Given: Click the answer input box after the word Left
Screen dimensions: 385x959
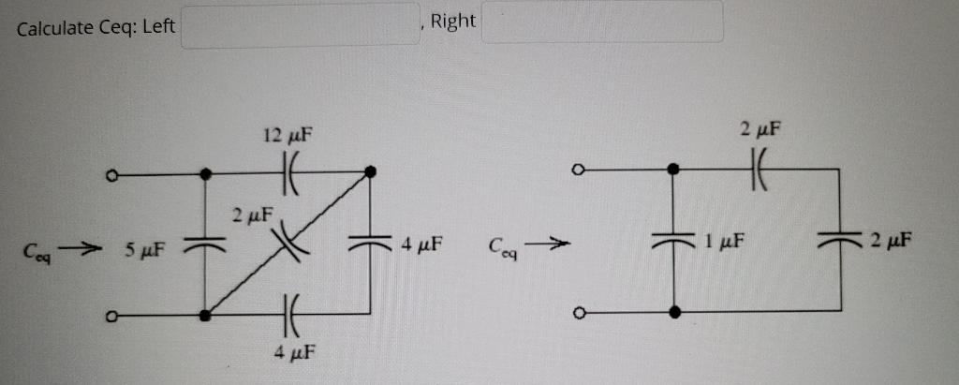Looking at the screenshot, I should tap(301, 24).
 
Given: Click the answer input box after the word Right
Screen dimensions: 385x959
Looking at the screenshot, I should tap(602, 22).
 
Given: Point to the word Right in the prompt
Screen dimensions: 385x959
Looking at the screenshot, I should tap(453, 21).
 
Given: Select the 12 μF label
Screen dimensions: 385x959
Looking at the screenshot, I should tap(287, 136).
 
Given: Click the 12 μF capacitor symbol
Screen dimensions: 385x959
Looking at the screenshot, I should tap(288, 173).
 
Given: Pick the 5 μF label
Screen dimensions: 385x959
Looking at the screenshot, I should tap(144, 250).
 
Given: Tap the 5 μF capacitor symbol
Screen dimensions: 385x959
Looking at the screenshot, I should tap(205, 245).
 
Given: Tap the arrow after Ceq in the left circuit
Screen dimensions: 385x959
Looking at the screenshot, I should tap(84, 249).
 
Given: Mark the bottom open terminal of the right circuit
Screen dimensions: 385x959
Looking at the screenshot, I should tap(580, 312).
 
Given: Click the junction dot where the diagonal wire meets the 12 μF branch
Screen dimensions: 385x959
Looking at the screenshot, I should tap(371, 171).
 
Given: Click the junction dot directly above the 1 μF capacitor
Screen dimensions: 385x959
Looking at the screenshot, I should tap(673, 170).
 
